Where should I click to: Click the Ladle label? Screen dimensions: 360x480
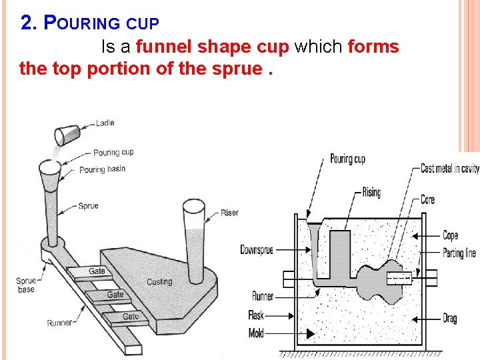coord(105,123)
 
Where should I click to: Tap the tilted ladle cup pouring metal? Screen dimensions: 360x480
coord(67,134)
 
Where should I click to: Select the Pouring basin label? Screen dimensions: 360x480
coord(102,169)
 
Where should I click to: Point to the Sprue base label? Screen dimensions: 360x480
coord(26,285)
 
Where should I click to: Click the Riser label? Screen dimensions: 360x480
coord(229,213)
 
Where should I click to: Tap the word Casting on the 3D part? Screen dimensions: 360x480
coord(159,282)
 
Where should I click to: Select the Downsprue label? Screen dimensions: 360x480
coord(257,250)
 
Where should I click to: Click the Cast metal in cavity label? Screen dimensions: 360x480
coord(449,169)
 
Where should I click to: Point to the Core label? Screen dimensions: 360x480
coord(428,199)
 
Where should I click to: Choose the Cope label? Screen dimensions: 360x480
coord(451,235)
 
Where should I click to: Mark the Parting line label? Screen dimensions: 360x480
coord(459,253)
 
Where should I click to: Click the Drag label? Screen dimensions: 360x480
coord(450,319)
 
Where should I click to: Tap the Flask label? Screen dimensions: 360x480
coord(256,316)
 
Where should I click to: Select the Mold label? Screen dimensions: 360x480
coord(256,333)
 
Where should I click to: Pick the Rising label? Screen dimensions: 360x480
coord(371,193)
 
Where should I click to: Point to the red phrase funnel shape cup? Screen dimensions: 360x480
coord(213,47)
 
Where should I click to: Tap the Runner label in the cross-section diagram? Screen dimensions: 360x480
coord(263,296)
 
